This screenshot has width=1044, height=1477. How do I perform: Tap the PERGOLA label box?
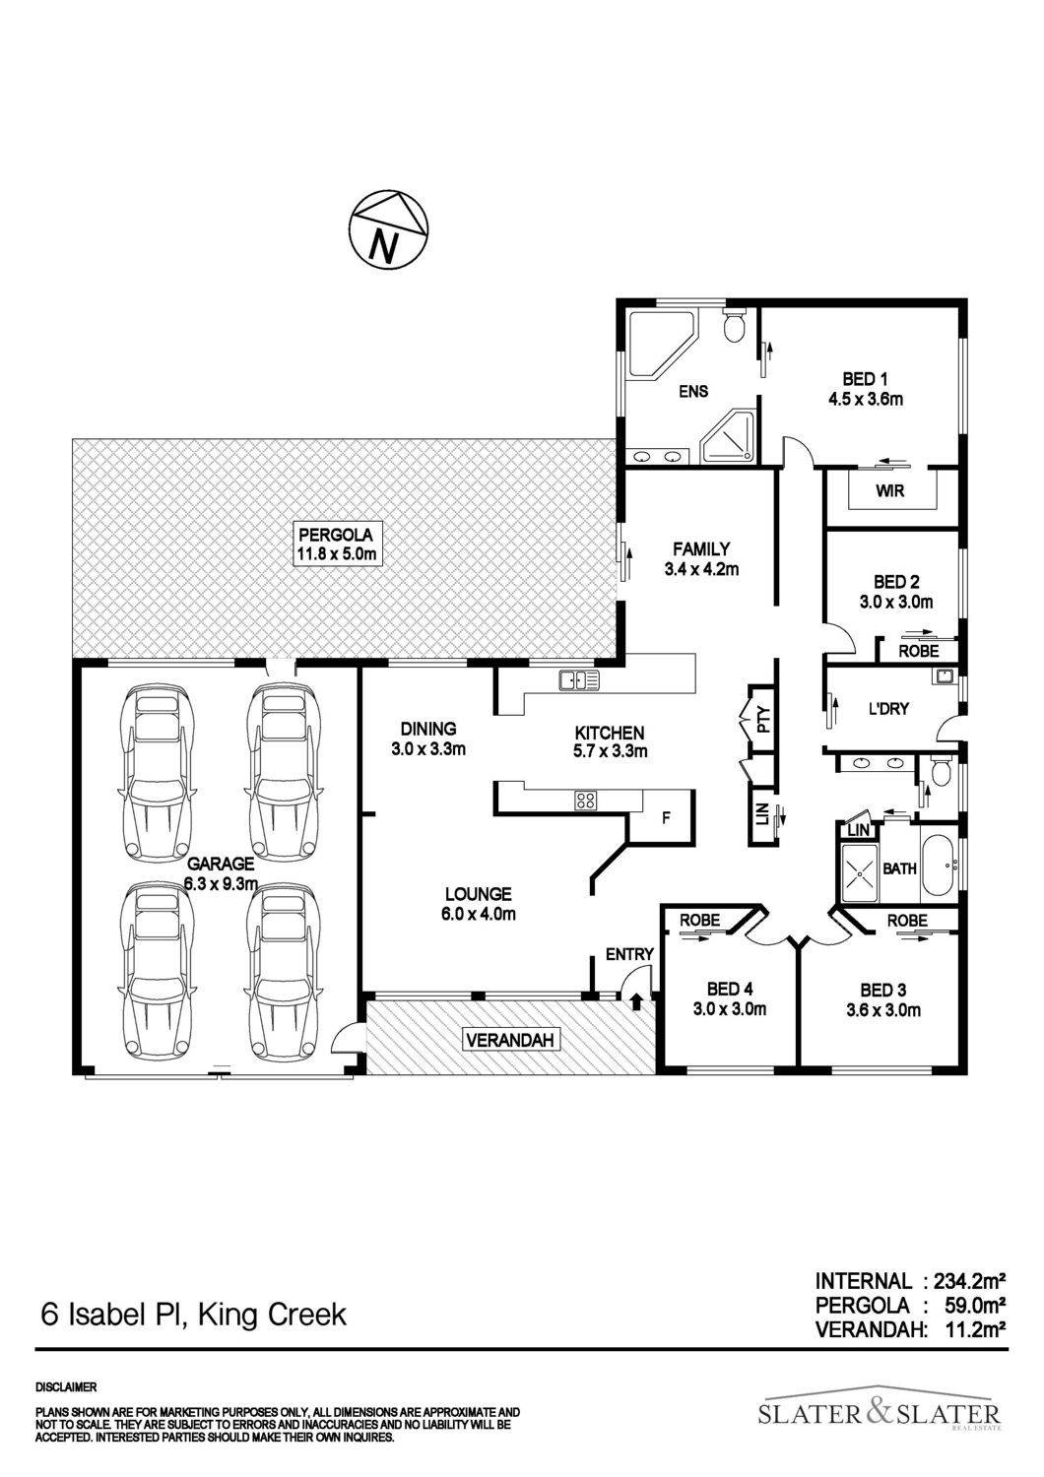tap(337, 544)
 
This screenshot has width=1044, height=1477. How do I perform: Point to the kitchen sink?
tap(578, 679)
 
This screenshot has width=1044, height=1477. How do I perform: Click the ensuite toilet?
tap(734, 323)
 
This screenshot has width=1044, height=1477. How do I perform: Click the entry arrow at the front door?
tap(636, 1001)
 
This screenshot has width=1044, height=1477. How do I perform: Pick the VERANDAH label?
tap(511, 1040)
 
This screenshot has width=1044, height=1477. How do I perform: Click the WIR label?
tap(889, 491)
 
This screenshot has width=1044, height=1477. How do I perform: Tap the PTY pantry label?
tap(763, 720)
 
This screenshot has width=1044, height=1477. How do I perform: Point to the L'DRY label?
tap(887, 708)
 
